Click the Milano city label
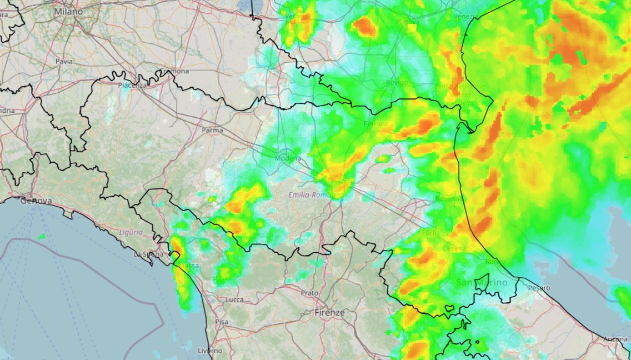pos(68,11)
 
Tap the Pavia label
pos(64,62)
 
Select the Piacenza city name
pos(132,85)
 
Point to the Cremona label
pos(175,72)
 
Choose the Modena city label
pos(288,158)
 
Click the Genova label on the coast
pos(36,201)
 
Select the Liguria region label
pos(131,232)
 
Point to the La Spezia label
pos(147,254)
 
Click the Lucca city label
pos(234,299)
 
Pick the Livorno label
pos(210,351)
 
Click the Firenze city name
pos(329,313)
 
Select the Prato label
pos(309,293)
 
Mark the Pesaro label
pos(539,288)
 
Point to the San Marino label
pos(482,282)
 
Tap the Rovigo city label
pos(397,83)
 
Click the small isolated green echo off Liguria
pos(42,237)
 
